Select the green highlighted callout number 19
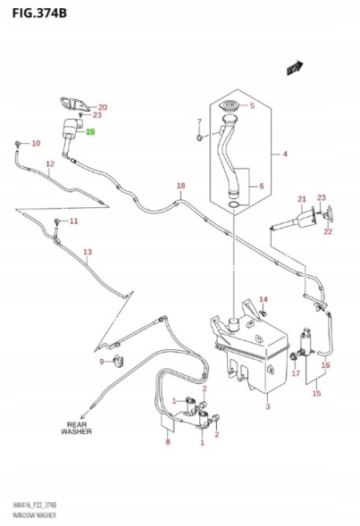tap(90, 131)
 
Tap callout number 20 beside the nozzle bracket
tap(102, 107)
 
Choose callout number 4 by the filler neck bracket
tap(199, 121)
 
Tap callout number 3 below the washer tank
tap(267, 406)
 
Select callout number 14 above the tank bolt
tap(264, 299)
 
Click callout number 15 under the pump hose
tap(315, 392)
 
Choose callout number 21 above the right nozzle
tap(302, 199)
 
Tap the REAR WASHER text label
tap(76, 428)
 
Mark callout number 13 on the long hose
tap(88, 253)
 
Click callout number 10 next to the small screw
tap(36, 144)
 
